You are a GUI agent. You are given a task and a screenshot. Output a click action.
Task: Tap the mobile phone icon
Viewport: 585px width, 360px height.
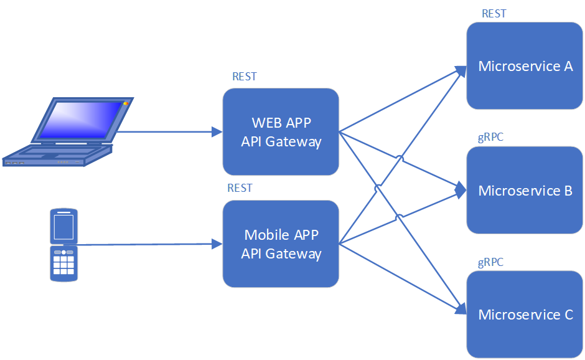63,245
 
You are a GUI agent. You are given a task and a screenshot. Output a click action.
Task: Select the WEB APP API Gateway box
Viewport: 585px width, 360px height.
281,131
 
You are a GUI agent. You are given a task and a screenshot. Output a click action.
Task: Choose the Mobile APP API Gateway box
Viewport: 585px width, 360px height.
281,244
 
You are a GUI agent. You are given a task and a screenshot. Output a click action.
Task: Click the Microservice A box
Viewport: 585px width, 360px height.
525,66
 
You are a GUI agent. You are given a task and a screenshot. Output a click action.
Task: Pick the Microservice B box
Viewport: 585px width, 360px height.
525,190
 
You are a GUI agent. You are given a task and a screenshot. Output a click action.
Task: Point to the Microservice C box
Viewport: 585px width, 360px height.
525,315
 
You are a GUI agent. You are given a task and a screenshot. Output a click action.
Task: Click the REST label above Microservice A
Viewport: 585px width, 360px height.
494,14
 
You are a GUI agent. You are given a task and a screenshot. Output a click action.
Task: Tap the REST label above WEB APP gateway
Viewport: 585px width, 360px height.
245,77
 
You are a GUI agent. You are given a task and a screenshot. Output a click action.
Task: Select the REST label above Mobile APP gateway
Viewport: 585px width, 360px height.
240,187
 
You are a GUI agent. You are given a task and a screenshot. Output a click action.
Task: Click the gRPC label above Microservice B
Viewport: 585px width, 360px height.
491,137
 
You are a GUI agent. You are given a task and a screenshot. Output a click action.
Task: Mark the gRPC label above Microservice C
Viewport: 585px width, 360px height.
491,262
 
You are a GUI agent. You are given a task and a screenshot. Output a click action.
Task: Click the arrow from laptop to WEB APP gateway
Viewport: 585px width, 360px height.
168,131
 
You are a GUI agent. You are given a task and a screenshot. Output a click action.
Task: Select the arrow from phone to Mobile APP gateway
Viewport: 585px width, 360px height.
149,244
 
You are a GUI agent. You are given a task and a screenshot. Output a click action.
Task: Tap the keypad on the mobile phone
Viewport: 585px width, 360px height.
63,263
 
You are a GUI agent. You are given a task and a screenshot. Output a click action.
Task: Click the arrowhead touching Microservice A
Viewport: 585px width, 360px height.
462,70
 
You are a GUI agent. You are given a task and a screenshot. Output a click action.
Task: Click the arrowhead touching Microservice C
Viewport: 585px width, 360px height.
462,308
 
